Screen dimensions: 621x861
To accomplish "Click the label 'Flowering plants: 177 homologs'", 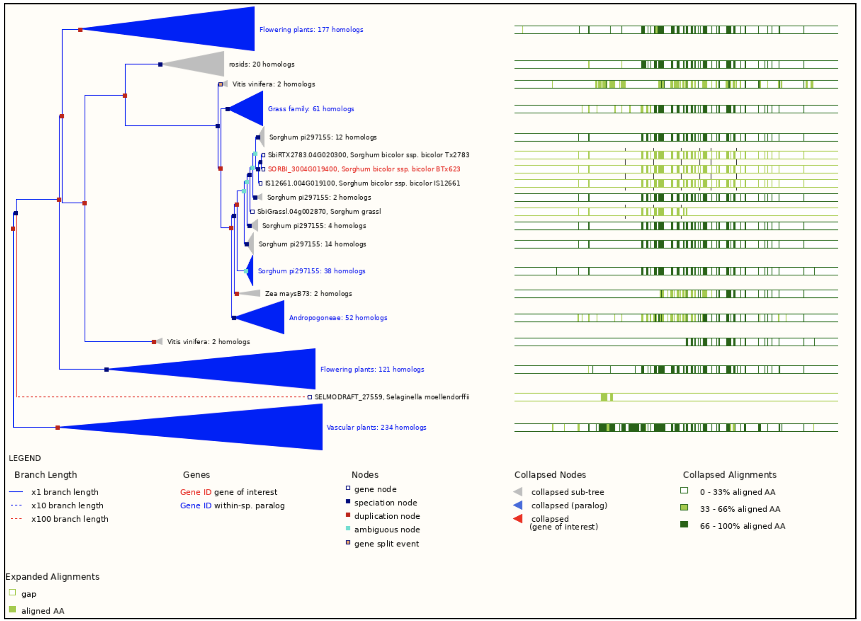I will [x=311, y=30].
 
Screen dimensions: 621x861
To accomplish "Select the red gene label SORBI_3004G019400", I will [x=364, y=169].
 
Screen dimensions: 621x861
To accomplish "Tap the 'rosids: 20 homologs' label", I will [x=262, y=64].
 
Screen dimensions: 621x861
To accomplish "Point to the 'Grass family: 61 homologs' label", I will [x=311, y=109].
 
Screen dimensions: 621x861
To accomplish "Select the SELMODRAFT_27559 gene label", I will [x=392, y=397].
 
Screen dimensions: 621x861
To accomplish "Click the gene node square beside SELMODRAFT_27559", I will [x=310, y=397].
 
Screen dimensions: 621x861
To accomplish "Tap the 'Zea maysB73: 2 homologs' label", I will [x=308, y=294].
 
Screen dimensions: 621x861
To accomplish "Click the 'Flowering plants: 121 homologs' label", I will [x=372, y=369].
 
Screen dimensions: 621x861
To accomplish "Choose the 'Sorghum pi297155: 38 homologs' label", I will [x=312, y=271].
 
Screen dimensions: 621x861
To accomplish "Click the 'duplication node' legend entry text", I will [x=387, y=516].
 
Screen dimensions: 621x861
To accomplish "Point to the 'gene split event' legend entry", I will [x=386, y=544].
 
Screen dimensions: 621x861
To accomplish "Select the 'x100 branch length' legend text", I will [x=70, y=519].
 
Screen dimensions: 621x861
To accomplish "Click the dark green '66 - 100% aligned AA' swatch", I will [x=684, y=525].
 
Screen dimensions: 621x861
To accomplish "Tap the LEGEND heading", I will [x=25, y=458].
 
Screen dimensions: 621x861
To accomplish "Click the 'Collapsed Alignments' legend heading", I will [x=729, y=475].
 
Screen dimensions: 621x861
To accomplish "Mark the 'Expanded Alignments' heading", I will [x=52, y=576].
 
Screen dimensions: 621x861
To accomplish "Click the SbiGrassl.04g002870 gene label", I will [x=319, y=212].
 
